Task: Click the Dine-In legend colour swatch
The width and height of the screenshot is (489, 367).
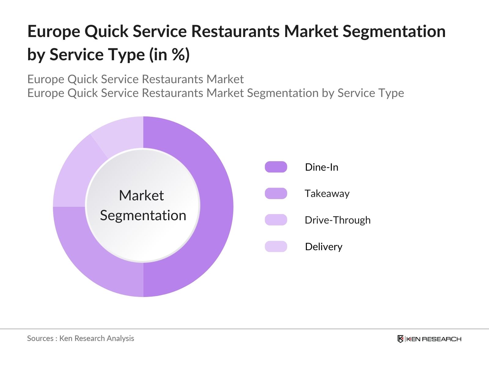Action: coord(276,167)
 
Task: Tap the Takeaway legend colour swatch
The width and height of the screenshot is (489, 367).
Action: coord(276,193)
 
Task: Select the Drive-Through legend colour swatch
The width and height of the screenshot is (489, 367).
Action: coord(276,220)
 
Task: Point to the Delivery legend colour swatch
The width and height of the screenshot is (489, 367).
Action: coord(276,247)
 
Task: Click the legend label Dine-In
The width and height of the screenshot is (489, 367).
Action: coord(322,167)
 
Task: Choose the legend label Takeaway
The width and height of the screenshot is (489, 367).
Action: coord(327,193)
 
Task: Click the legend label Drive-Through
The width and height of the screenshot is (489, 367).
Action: coord(337,220)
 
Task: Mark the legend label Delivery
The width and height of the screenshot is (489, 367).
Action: coord(324,247)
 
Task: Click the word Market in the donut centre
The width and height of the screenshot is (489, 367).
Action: coord(141,195)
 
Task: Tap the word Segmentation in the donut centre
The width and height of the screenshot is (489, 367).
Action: coord(143,215)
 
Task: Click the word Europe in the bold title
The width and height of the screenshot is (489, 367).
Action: coord(53,31)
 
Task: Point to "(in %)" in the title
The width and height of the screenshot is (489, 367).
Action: coord(169,55)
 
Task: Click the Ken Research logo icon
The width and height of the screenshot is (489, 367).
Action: coord(400,339)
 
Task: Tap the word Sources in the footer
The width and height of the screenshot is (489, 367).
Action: coord(40,338)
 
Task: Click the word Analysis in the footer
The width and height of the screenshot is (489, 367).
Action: coord(120,338)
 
